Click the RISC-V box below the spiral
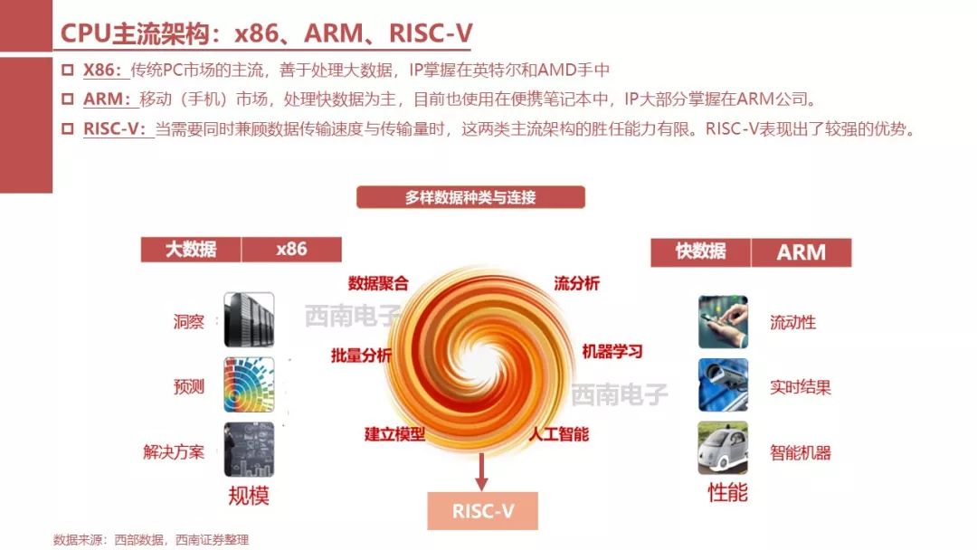[x=482, y=511]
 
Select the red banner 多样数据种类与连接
[x=470, y=197]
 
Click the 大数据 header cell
[x=191, y=249]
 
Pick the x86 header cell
[x=291, y=249]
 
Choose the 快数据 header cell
[x=701, y=251]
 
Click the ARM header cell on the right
[x=802, y=252]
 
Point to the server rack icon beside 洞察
[x=249, y=320]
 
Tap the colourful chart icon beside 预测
[x=249, y=385]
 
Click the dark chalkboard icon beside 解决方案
[x=249, y=450]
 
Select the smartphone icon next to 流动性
[x=723, y=321]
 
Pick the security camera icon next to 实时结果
[x=723, y=385]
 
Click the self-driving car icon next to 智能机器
[x=723, y=448]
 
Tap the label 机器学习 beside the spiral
[x=612, y=351]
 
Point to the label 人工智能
[x=559, y=434]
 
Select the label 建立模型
[x=394, y=434]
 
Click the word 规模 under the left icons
[x=248, y=495]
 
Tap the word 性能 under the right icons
[x=727, y=493]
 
